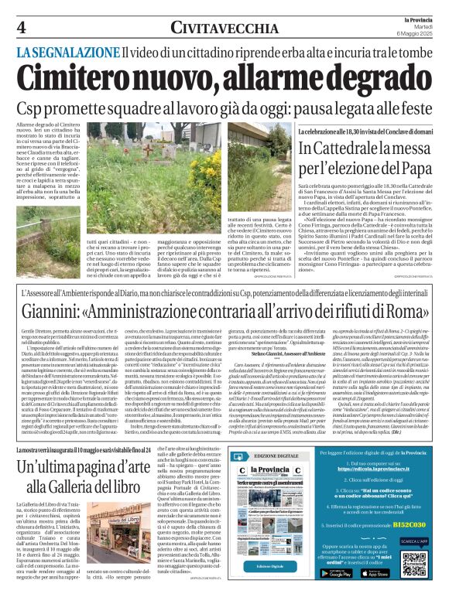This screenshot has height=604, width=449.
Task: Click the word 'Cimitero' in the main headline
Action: pos(91,77)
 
